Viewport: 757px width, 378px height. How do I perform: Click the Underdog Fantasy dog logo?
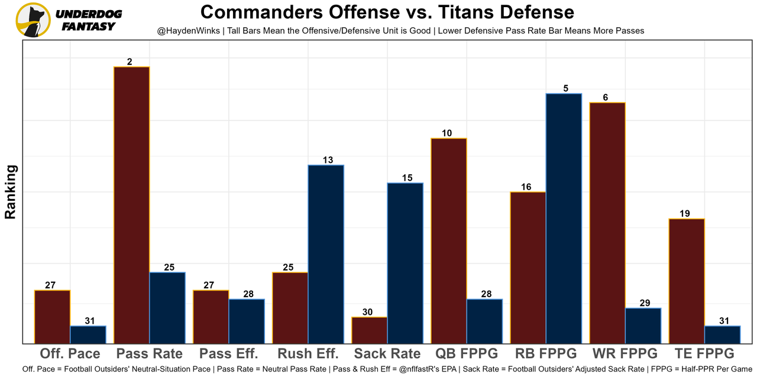[x=33, y=20]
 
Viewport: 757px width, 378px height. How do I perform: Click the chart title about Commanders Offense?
[x=387, y=12]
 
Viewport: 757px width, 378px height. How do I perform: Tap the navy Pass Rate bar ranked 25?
[x=167, y=307]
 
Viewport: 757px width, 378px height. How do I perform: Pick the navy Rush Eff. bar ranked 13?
[x=326, y=254]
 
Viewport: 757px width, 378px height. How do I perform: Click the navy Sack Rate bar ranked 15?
[x=405, y=263]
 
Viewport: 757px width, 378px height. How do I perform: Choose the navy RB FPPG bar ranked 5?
[x=564, y=218]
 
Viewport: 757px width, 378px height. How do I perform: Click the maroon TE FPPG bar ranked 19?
[x=687, y=281]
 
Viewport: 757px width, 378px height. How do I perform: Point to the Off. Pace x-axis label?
[x=70, y=354]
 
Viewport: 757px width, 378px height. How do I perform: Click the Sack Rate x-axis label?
[x=387, y=354]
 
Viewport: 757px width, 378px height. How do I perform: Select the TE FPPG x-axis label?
[x=704, y=354]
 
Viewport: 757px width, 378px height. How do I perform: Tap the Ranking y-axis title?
[x=11, y=192]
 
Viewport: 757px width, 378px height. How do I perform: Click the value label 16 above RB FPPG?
[x=526, y=187]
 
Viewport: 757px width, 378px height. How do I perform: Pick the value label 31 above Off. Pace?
[x=89, y=321]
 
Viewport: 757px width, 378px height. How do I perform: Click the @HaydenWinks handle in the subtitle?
[x=189, y=30]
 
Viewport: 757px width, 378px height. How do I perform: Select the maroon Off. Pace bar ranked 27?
[x=52, y=317]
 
